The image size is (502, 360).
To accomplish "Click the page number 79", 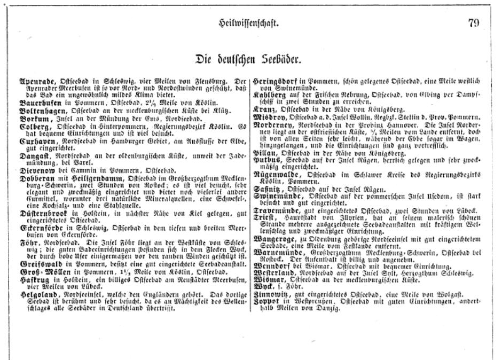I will coord(473,22).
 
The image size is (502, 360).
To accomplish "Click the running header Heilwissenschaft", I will coord(249,23).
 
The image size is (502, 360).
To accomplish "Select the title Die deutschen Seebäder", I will coord(249,58).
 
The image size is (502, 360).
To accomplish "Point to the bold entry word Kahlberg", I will coord(271,95).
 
